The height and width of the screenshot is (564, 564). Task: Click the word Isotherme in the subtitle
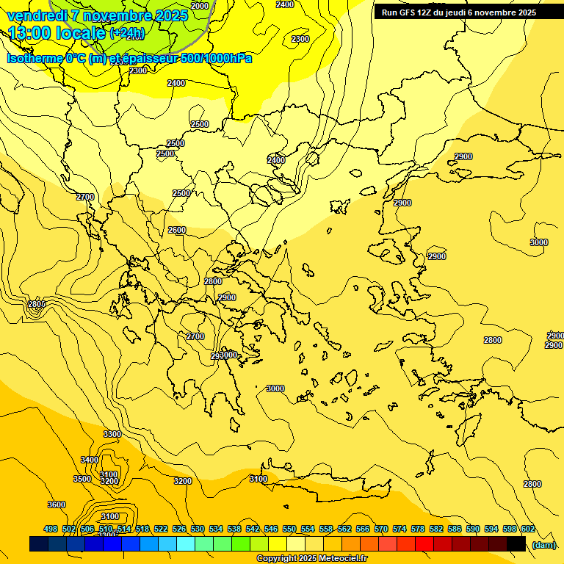pyautogui.click(x=34, y=58)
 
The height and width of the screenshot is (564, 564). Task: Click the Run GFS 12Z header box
pyautogui.click(x=469, y=12)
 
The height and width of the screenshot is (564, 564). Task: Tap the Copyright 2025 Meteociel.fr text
pyautogui.click(x=311, y=559)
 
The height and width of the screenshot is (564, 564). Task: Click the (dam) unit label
pyautogui.click(x=543, y=544)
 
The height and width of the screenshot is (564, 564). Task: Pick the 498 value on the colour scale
pyautogui.click(x=51, y=529)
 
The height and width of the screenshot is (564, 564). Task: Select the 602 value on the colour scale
pyautogui.click(x=528, y=529)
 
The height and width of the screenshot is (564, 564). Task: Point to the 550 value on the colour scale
pyautogui.click(x=289, y=529)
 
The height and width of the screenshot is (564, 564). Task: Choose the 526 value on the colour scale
pyautogui.click(x=179, y=529)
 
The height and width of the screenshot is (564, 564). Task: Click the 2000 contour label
pyautogui.click(x=199, y=6)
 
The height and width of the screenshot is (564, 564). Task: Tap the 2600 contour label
pyautogui.click(x=177, y=230)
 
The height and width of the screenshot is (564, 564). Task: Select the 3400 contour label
pyautogui.click(x=90, y=460)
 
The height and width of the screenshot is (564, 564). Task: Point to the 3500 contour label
pyautogui.click(x=82, y=479)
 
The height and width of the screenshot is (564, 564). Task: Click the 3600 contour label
pyautogui.click(x=57, y=505)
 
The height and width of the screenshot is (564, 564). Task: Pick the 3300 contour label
pyautogui.click(x=112, y=434)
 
